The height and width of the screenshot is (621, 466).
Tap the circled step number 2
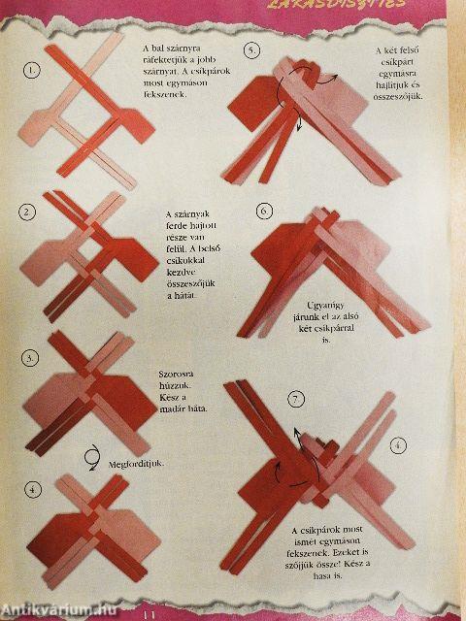pos(28,211)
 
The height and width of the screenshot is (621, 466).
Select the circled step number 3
pos(32,357)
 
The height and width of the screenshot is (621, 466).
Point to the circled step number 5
pos(252,50)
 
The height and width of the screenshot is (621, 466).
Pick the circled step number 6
pos(263,210)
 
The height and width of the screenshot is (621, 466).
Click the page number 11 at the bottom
pos(150,613)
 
